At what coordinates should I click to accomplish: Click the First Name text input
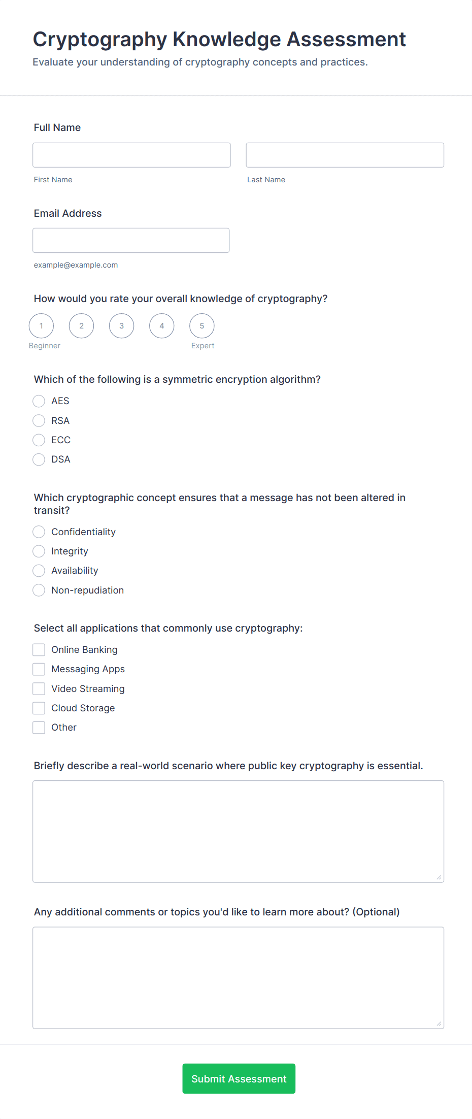coord(131,155)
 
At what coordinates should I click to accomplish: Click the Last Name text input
coord(345,155)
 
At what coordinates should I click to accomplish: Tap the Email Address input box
coord(131,240)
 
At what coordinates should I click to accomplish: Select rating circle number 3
coord(122,326)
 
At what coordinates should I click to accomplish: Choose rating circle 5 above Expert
coord(202,326)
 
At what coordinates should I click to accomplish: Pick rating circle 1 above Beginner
coord(42,326)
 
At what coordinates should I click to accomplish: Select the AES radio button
coord(39,401)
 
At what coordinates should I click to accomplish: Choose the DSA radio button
coord(39,459)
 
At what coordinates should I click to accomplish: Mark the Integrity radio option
coord(39,551)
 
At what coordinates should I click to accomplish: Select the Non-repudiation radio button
coord(39,590)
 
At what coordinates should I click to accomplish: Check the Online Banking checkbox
coord(39,650)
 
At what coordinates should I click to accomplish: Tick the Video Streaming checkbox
coord(39,689)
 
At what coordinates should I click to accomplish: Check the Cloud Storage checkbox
coord(39,708)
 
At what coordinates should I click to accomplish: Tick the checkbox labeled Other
coord(39,728)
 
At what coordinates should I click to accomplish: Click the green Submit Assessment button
coord(239,1078)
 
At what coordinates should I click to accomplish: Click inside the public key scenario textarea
coord(238,831)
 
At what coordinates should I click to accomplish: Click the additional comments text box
coord(238,977)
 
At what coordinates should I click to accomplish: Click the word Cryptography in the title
coord(100,40)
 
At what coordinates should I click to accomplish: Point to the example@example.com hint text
coord(76,265)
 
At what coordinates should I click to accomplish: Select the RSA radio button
coord(39,420)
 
